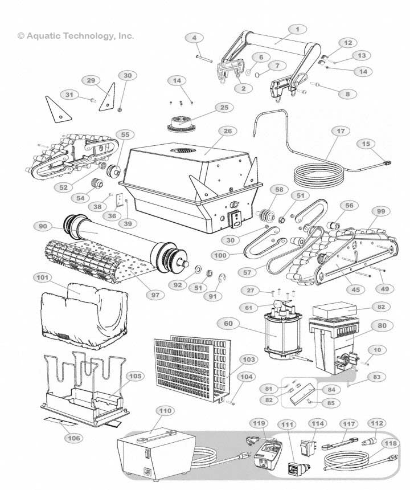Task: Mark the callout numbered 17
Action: click(340, 131)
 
